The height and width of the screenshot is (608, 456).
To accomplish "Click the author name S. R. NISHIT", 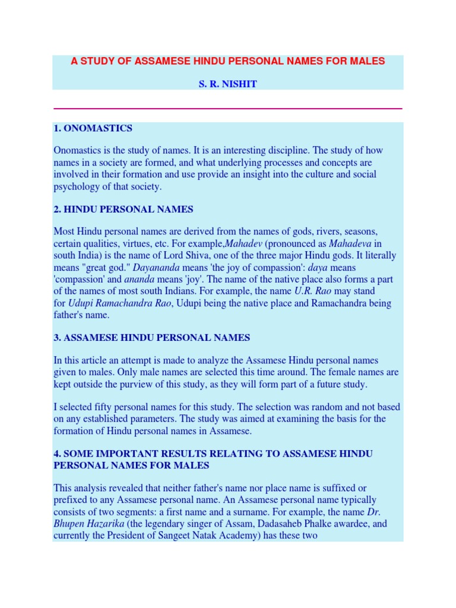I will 228,85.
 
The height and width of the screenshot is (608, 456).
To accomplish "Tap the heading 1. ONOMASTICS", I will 93,128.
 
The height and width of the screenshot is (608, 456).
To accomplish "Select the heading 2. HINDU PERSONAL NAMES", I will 123,209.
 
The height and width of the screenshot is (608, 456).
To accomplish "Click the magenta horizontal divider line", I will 228,109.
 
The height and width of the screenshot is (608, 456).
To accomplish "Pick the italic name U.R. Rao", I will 312,291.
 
